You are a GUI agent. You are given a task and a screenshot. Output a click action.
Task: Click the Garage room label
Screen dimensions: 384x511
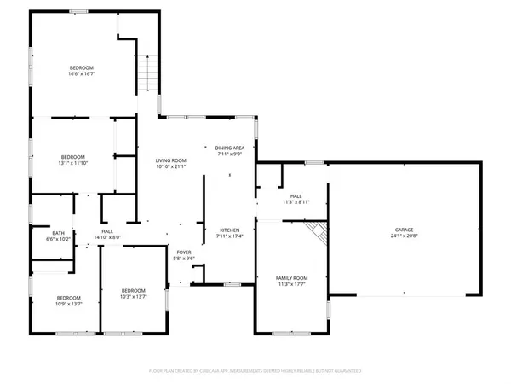[402, 230]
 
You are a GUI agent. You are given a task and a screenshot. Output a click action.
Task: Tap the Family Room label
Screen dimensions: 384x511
[290, 278]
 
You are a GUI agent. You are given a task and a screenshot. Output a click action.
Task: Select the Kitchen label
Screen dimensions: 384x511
[229, 230]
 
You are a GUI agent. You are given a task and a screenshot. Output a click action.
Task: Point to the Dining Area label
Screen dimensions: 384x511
[229, 148]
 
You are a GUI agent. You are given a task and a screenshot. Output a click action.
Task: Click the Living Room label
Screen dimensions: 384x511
[170, 160]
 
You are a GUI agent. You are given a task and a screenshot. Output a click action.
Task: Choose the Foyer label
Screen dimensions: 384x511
[184, 253]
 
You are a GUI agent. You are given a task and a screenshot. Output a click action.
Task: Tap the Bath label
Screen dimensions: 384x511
[58, 233]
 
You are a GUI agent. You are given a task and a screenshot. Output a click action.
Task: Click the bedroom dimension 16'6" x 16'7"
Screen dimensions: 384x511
[82, 74]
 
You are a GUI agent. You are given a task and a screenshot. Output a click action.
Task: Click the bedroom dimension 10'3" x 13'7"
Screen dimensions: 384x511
[134, 297]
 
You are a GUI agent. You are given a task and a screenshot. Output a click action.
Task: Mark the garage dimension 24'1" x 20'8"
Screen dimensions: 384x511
[402, 236]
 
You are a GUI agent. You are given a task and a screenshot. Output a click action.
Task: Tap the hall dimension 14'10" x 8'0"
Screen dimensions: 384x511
[108, 238]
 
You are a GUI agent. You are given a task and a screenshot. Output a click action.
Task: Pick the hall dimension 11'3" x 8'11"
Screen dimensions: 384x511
[296, 202]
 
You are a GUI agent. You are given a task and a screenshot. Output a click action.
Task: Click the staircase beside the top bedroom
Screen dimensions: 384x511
[148, 68]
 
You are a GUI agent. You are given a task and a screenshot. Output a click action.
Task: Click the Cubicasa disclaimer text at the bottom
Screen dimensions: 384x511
[255, 371]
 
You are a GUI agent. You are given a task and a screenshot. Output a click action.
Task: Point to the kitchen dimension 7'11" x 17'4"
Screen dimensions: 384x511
[229, 237]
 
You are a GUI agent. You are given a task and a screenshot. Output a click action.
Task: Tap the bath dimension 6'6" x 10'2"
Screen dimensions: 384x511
[58, 240]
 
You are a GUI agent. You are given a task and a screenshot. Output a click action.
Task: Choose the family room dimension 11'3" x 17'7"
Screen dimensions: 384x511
[290, 285]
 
